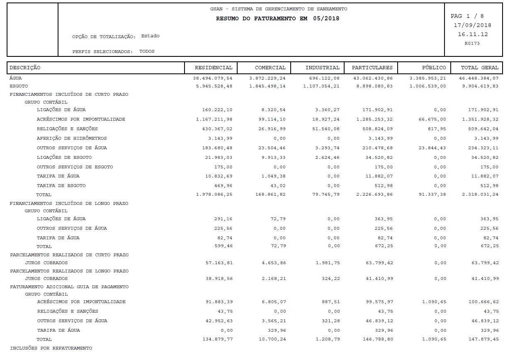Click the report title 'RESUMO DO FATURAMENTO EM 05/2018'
point(277,19)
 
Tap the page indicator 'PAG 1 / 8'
point(467,16)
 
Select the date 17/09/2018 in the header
point(473,25)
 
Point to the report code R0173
point(472,43)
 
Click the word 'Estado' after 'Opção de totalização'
point(150,36)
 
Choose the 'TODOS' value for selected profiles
point(147,51)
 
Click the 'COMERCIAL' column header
point(270,68)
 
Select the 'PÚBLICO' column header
point(434,68)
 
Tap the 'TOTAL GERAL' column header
point(480,68)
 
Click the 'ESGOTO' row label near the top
point(19,86)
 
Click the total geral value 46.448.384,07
point(480,78)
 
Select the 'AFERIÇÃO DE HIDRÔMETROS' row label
point(72,139)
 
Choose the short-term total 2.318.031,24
point(480,195)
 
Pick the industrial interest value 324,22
point(331,279)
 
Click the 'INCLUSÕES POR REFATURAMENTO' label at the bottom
point(51,348)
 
